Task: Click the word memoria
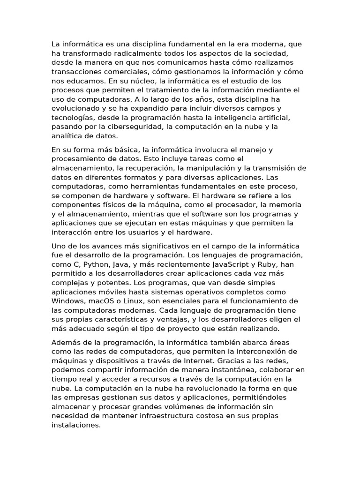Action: point(285,205)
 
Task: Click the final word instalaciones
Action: point(75,425)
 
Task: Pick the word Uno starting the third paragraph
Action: point(58,246)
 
